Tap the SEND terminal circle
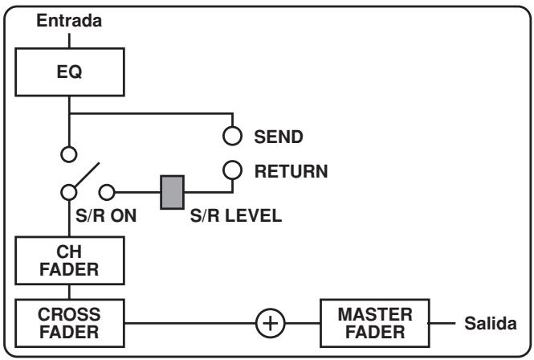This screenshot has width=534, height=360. (233, 137)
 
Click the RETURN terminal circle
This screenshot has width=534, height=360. (233, 170)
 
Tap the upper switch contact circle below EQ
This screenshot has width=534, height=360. (69, 153)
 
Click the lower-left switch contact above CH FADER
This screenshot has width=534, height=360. (69, 192)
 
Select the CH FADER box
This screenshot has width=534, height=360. (69, 260)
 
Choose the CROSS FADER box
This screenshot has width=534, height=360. (69, 321)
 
